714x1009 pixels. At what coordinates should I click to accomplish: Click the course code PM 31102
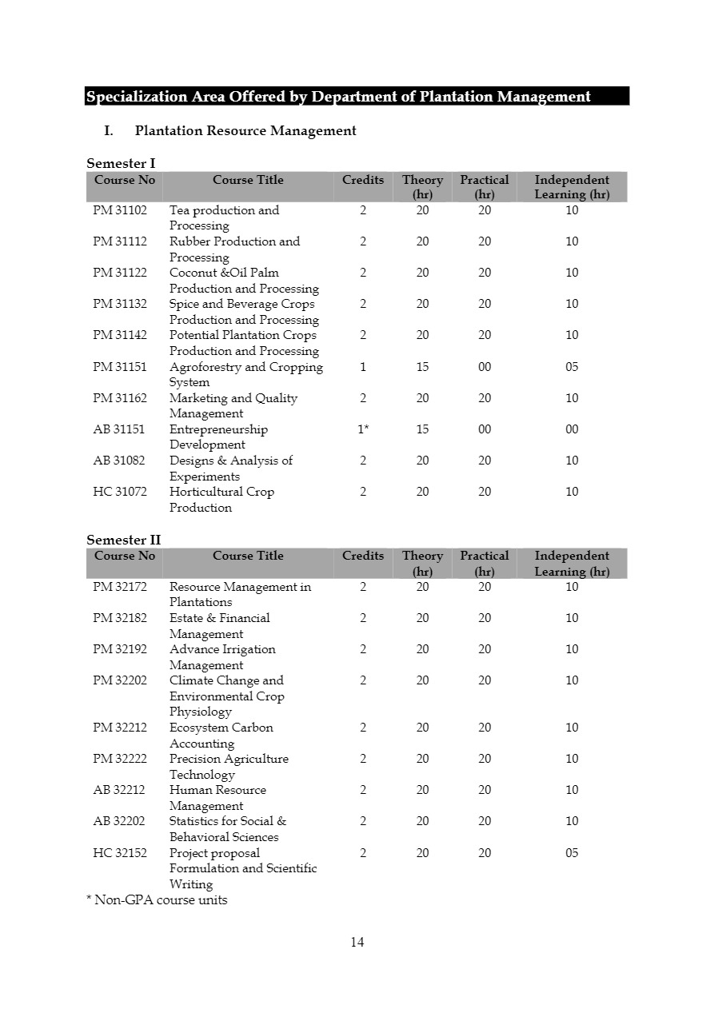click(x=120, y=210)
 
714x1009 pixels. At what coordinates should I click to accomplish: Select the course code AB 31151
click(x=119, y=429)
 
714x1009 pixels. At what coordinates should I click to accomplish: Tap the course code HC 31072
click(x=120, y=492)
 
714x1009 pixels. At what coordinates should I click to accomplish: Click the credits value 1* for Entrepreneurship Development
click(x=363, y=429)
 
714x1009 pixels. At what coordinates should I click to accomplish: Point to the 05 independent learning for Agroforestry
click(x=572, y=367)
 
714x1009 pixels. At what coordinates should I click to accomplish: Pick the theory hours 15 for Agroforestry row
click(x=422, y=367)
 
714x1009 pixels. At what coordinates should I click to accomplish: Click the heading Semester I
click(x=121, y=164)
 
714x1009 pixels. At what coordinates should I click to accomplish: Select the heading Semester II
click(x=123, y=540)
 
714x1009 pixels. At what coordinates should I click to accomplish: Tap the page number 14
click(x=357, y=942)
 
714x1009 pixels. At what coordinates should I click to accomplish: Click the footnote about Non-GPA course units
click(x=157, y=900)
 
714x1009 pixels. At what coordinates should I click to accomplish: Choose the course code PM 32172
click(x=120, y=587)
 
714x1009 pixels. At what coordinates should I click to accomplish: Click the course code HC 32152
click(x=120, y=853)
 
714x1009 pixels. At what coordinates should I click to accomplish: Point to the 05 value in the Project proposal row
click(x=572, y=853)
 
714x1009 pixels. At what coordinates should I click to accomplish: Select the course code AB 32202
click(x=119, y=821)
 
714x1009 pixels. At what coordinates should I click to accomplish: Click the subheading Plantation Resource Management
click(x=245, y=130)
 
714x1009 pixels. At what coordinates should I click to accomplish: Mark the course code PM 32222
click(x=120, y=759)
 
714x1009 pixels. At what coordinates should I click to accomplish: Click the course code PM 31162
click(x=120, y=398)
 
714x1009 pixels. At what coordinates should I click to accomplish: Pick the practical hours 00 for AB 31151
click(x=485, y=429)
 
